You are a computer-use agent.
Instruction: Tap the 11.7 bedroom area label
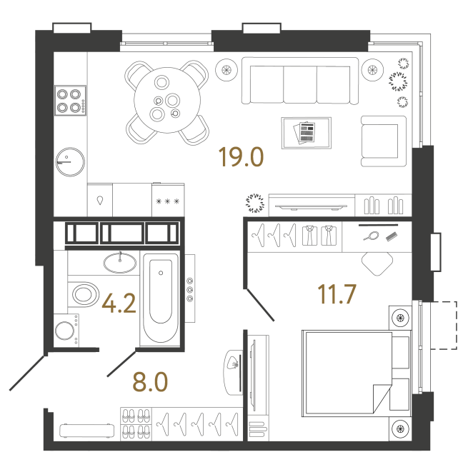[x=337, y=293]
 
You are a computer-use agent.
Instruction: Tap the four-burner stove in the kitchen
[x=70, y=101]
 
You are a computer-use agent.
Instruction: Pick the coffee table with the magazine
[x=306, y=132]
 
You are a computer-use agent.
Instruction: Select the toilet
[x=84, y=293]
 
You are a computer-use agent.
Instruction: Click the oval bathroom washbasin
[x=119, y=262]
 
